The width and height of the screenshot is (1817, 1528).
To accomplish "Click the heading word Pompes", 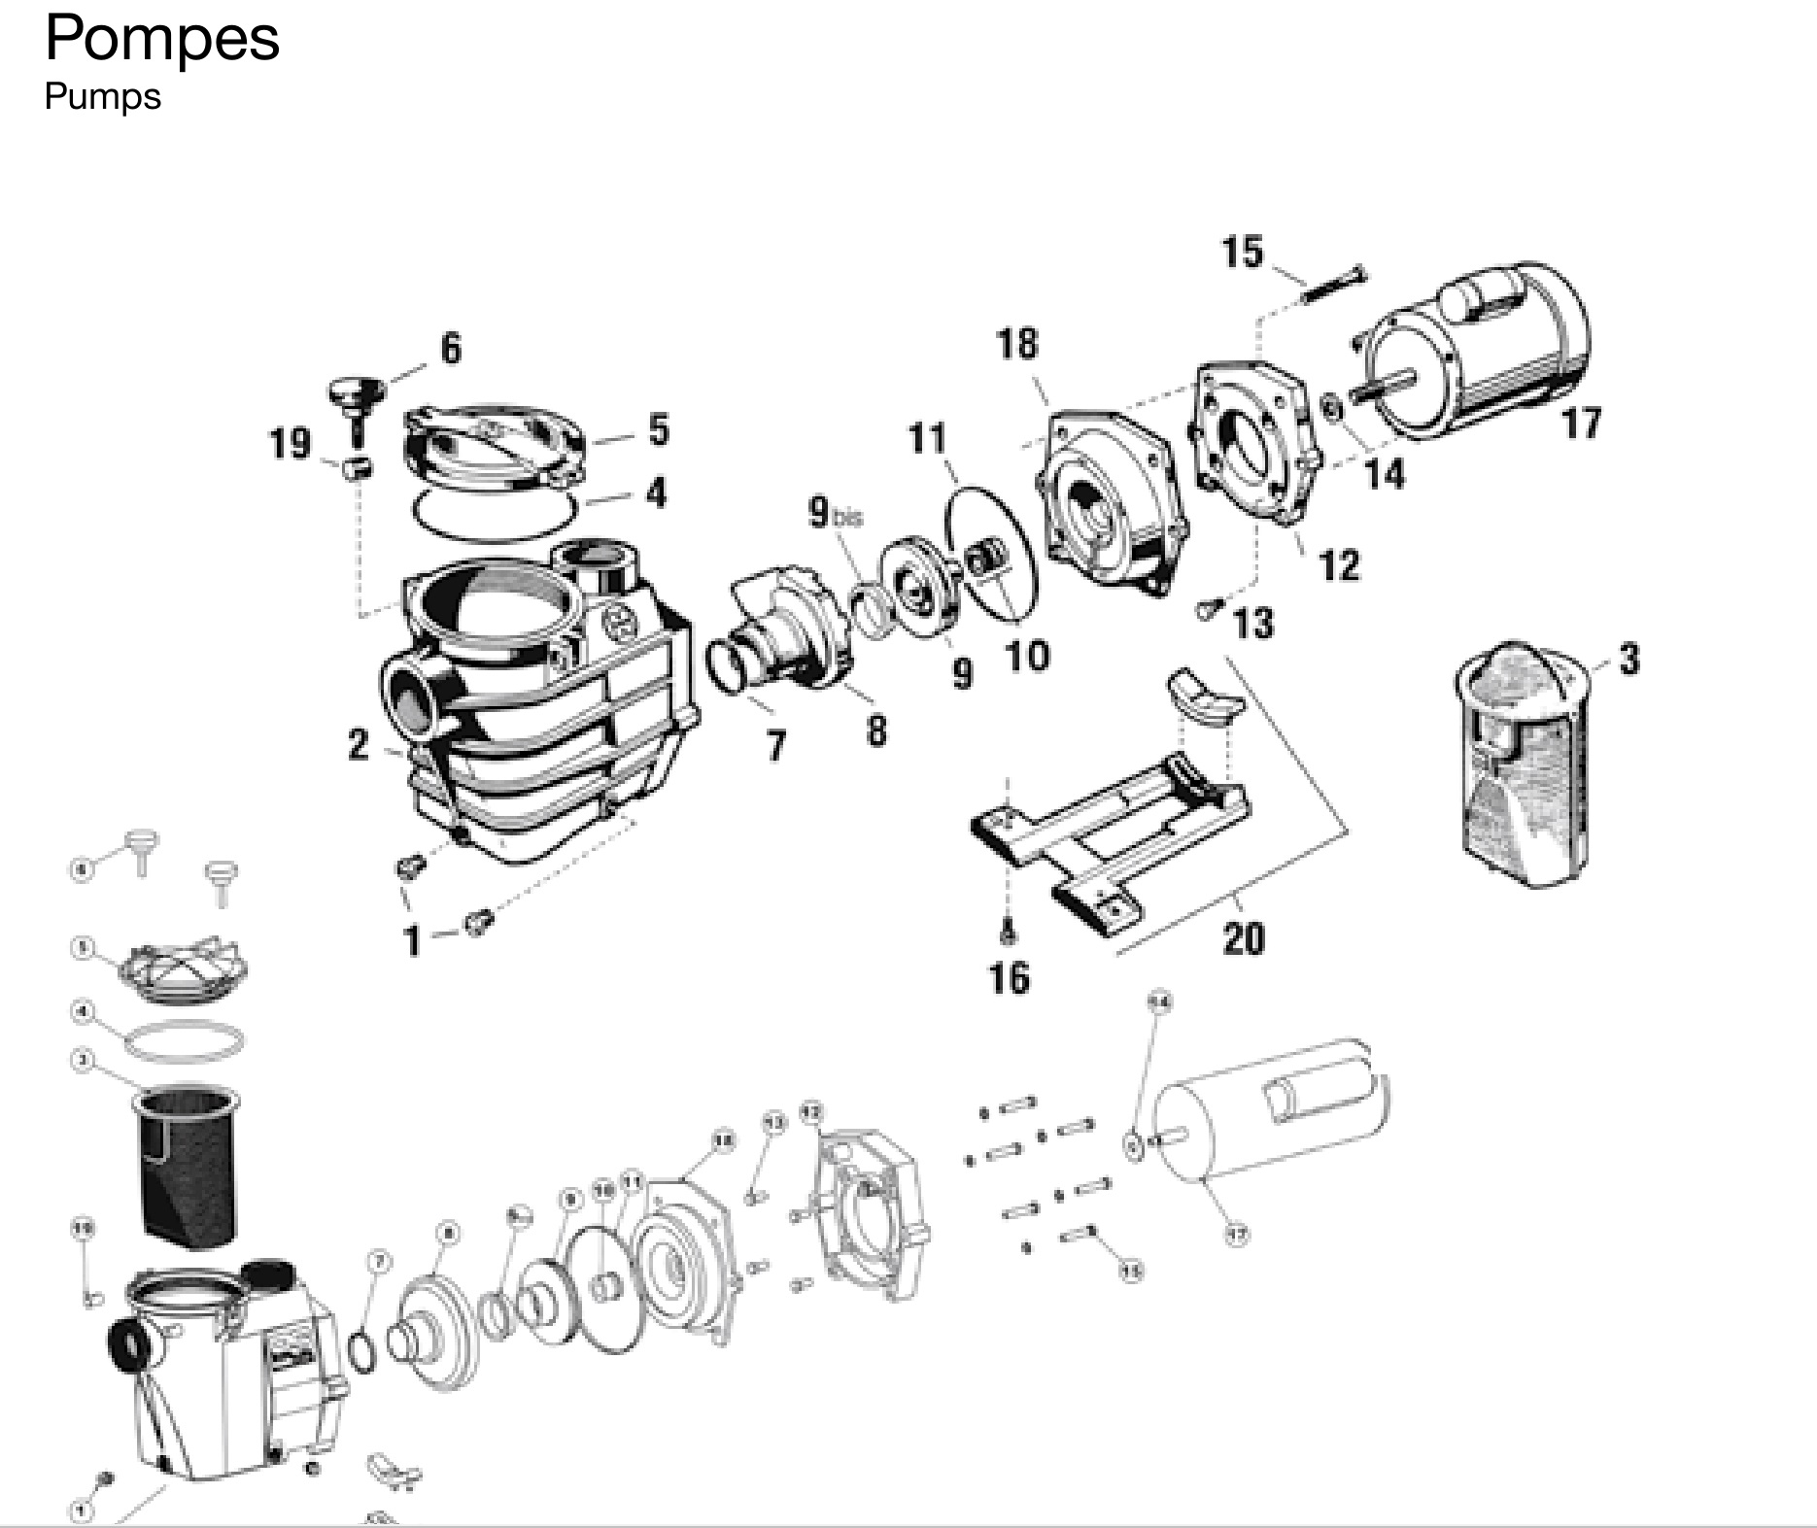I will (162, 39).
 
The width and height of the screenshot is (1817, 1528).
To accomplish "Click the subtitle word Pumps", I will (102, 96).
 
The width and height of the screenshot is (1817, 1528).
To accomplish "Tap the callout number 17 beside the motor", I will (1581, 424).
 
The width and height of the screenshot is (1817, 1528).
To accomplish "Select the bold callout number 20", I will (1243, 938).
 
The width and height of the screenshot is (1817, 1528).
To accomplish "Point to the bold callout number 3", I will (1629, 660).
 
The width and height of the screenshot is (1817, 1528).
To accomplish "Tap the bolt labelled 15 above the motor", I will (1331, 284).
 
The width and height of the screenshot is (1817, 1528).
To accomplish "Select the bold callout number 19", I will (290, 444).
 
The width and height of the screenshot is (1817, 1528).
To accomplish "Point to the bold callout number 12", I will (1339, 565).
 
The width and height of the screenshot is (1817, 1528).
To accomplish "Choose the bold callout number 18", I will (1017, 344).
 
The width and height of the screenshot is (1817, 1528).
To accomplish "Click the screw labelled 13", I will (1208, 609).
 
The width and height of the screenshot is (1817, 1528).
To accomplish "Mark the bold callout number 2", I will (359, 745).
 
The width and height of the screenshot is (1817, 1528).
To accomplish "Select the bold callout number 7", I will (775, 746).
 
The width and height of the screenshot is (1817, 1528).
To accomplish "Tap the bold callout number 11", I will (927, 439).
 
